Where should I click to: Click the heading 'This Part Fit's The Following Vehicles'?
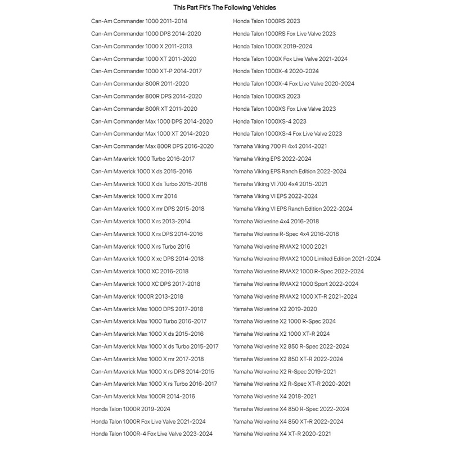click(x=224, y=8)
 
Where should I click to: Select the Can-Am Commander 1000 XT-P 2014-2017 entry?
click(x=146, y=71)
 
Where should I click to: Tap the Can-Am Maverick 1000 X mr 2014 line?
click(x=134, y=196)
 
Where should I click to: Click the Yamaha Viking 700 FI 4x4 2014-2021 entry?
click(x=280, y=146)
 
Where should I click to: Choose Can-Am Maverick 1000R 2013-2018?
click(x=137, y=296)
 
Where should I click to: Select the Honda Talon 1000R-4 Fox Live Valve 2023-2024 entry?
click(x=152, y=434)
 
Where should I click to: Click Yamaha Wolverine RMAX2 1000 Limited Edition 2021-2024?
click(x=307, y=259)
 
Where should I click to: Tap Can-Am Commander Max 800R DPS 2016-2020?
click(x=152, y=146)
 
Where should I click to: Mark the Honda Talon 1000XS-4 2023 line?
click(x=269, y=121)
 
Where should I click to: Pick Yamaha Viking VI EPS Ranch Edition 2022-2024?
click(x=292, y=209)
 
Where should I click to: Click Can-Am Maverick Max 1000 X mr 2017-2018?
click(x=147, y=359)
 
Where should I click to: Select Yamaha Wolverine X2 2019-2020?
click(x=275, y=309)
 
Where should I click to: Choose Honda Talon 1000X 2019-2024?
click(x=272, y=46)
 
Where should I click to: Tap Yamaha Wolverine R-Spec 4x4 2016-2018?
click(x=286, y=234)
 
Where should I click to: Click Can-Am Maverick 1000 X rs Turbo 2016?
click(x=141, y=246)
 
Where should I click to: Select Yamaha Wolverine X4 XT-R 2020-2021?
click(x=282, y=434)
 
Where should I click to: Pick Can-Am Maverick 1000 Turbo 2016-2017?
click(x=143, y=159)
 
